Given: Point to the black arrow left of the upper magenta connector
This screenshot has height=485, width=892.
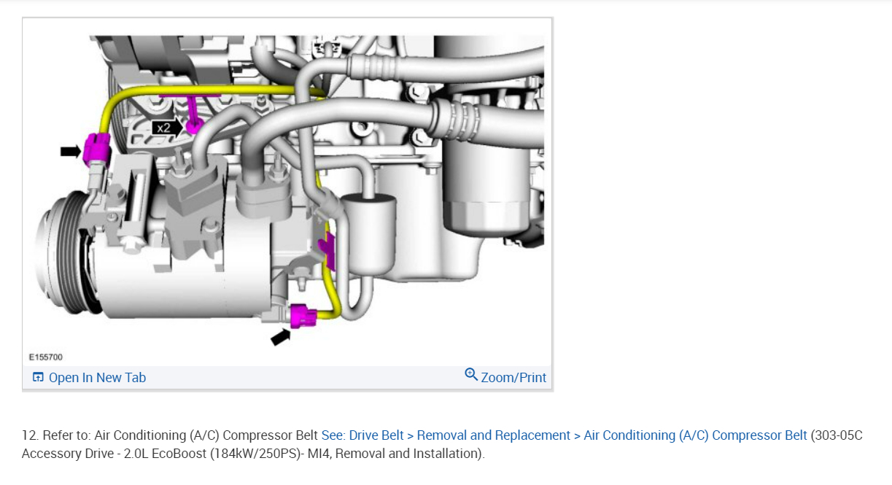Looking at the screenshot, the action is [x=71, y=151].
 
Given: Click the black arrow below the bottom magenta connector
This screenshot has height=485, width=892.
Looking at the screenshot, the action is [x=281, y=337].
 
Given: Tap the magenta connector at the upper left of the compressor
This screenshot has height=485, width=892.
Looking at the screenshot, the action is [x=96, y=149].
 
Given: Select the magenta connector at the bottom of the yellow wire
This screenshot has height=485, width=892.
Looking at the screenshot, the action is [x=303, y=317].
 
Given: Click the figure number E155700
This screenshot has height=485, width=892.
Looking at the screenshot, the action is [x=46, y=357].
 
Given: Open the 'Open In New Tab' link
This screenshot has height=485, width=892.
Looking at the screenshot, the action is [x=97, y=378].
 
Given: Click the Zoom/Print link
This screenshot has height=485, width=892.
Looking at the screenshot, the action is [x=513, y=378].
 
